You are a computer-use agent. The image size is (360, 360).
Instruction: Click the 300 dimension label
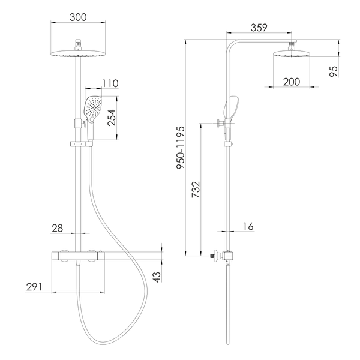[x=78, y=17]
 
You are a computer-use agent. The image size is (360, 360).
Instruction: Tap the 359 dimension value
[x=259, y=28]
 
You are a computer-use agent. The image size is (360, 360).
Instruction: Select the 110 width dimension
[x=110, y=83]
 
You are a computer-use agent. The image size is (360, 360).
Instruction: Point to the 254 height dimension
[x=112, y=118]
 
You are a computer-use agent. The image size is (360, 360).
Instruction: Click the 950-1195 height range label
[x=181, y=148]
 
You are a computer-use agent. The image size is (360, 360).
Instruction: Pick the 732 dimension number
[x=196, y=190]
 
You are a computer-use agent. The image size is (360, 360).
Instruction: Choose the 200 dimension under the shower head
[x=292, y=82]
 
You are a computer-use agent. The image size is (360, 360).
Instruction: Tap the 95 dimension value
[x=334, y=71]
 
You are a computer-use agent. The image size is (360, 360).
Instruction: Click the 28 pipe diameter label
[x=57, y=228]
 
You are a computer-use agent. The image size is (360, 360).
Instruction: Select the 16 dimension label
[x=248, y=226]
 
